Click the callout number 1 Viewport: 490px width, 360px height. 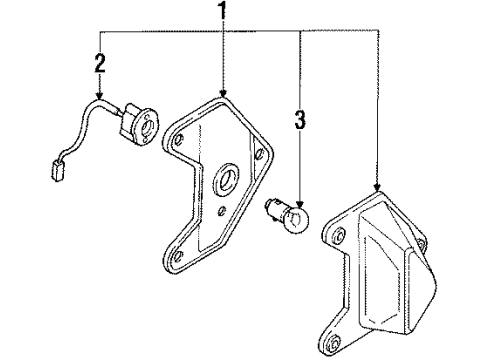click(222, 10)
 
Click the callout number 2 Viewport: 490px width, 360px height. click(100, 63)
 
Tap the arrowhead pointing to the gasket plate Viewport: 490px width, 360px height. click(223, 93)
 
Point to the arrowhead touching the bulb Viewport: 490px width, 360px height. click(300, 203)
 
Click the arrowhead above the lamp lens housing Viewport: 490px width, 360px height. click(377, 187)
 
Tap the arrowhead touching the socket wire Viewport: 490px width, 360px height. click(99, 96)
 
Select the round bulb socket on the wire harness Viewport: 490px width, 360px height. click(139, 123)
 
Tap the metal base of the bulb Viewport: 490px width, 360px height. click(276, 209)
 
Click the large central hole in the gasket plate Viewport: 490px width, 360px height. click(226, 179)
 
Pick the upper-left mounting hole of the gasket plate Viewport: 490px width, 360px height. click(180, 139)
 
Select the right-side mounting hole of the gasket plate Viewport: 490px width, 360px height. click(259, 153)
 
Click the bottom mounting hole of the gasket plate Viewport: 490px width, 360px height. click(178, 256)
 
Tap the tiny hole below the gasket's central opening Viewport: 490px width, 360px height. click(222, 210)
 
